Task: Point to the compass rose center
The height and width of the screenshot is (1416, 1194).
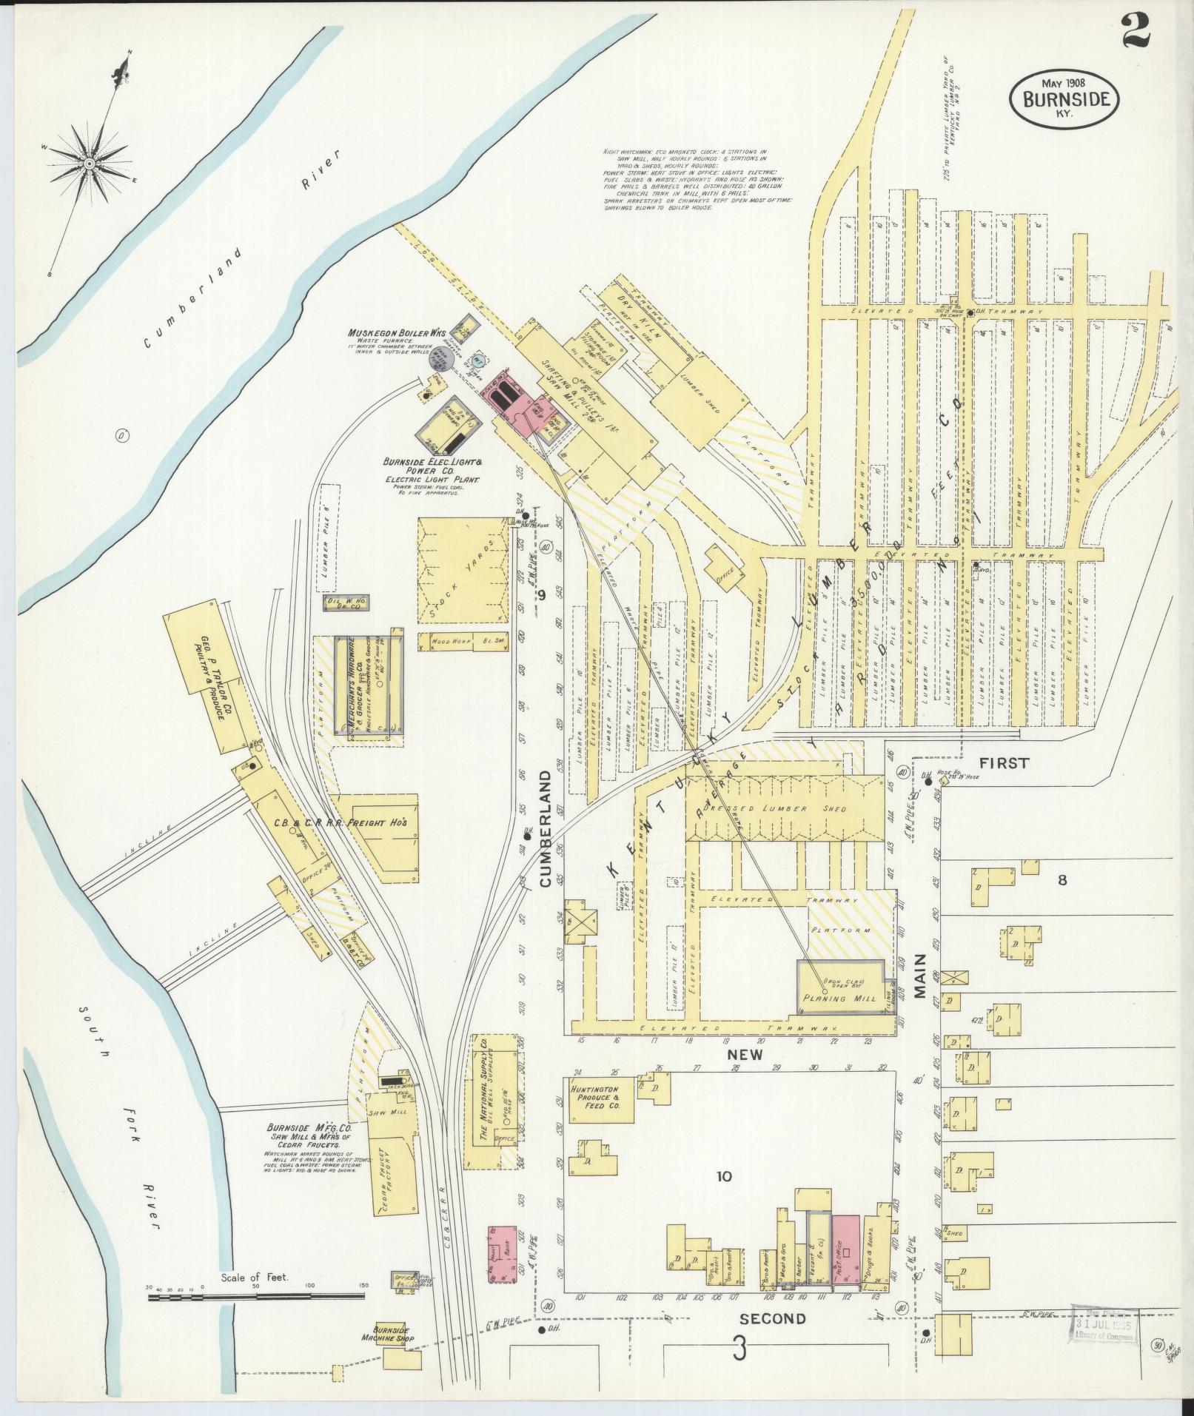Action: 89,164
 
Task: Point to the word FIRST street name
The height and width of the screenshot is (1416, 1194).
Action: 1004,763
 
